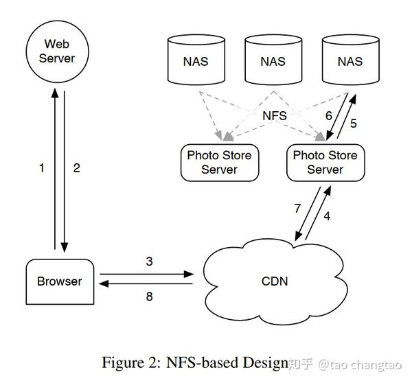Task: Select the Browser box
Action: [60, 281]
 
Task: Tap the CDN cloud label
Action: [275, 281]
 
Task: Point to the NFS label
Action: [275, 115]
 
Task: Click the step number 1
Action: [41, 168]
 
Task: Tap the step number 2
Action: [76, 168]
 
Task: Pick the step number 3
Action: [149, 262]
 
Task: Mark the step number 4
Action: [327, 216]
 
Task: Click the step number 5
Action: [354, 123]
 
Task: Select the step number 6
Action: [329, 115]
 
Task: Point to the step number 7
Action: [297, 209]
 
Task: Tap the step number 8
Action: [149, 297]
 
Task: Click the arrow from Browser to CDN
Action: [147, 275]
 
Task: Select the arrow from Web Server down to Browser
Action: [65, 172]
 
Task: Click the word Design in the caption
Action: [265, 363]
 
